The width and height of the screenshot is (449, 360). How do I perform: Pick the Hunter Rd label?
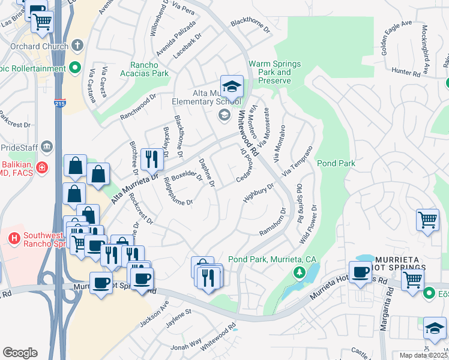coord(421,71)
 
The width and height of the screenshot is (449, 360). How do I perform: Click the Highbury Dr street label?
coord(258,193)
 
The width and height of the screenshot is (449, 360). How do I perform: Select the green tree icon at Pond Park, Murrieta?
coord(298,273)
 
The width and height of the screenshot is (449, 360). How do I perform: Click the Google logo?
coord(20,353)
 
